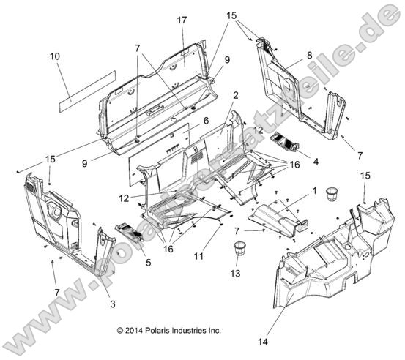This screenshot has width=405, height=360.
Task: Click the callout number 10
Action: (55, 56)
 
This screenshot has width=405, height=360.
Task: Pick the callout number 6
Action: (206, 120)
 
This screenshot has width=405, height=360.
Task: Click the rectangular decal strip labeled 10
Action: (86, 85)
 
